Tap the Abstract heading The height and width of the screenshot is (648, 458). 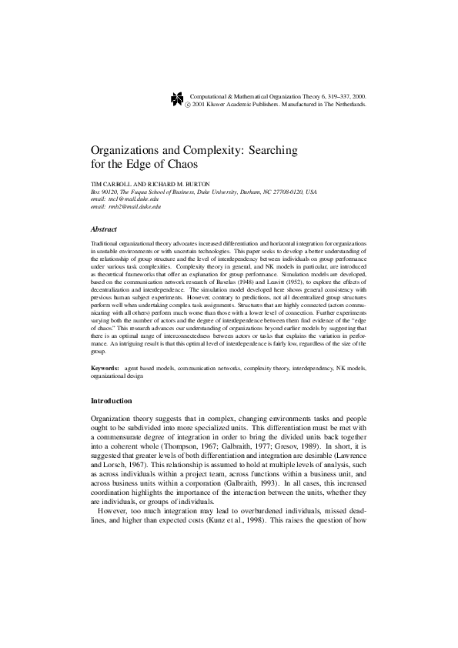click(x=104, y=229)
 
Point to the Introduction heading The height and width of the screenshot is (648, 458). click(x=112, y=400)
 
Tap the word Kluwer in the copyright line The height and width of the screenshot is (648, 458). click(x=222, y=102)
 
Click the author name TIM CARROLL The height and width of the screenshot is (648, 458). click(x=112, y=185)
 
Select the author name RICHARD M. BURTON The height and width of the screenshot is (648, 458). click(x=177, y=185)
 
